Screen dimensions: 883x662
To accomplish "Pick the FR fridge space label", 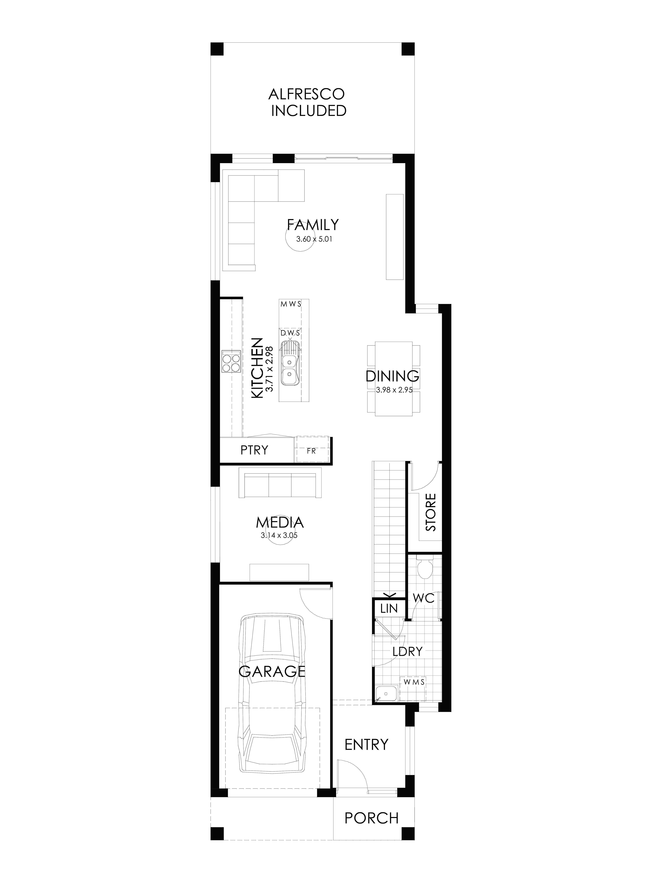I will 311,451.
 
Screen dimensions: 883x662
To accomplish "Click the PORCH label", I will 371,815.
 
